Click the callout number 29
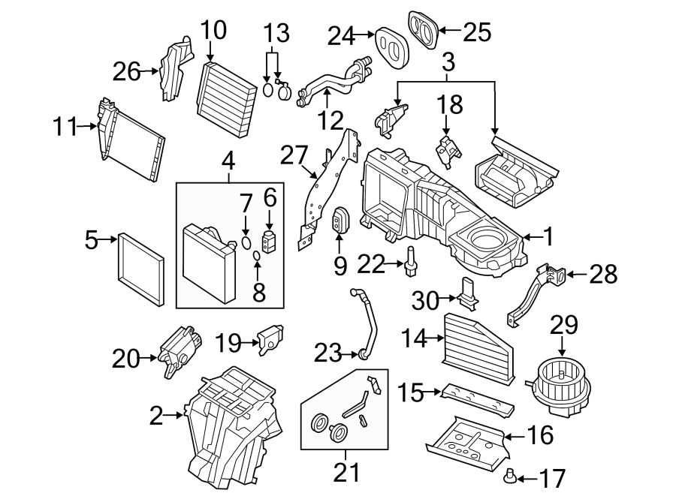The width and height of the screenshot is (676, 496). point(565,325)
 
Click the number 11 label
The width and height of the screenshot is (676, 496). point(65,127)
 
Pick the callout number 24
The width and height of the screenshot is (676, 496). point(341,35)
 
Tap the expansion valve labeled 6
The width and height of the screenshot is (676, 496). point(268,242)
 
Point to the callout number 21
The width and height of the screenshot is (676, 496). point(346,473)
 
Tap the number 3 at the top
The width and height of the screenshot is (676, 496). point(448,62)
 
